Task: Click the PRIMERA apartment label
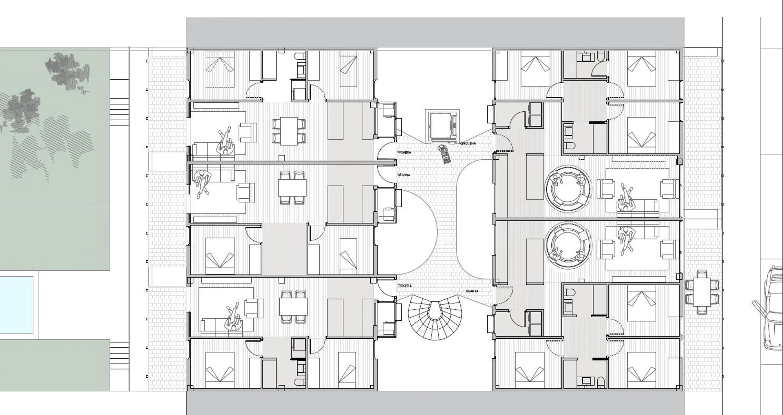[404, 153]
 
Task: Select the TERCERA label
[405, 286]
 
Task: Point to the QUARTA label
[472, 291]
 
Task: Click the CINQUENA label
[468, 144]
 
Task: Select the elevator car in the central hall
[442, 126]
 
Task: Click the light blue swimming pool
[16, 305]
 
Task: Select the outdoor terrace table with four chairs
[702, 292]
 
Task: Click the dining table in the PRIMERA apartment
[289, 131]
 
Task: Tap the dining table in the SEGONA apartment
[292, 188]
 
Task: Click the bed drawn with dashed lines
[220, 69]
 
